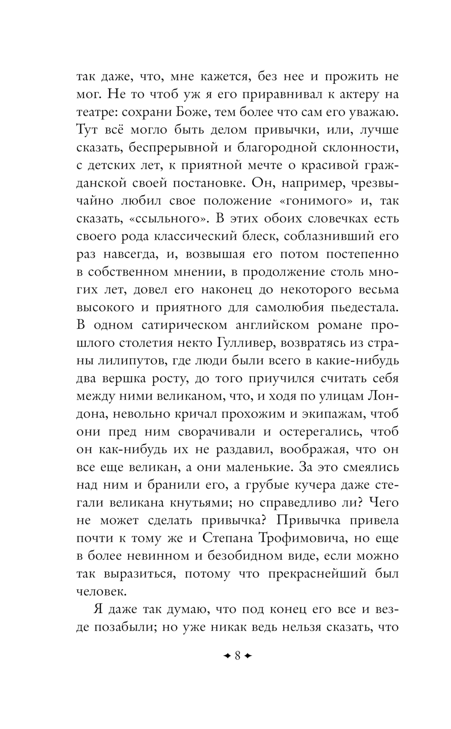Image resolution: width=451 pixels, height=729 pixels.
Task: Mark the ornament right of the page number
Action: (x=248, y=655)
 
